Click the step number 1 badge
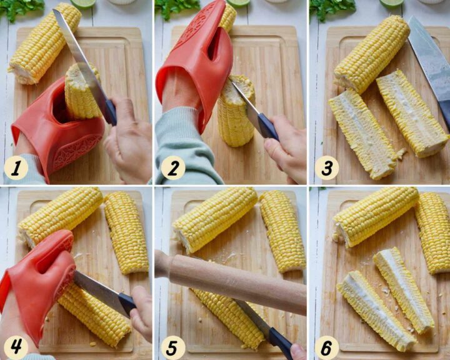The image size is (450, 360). tap(16, 168)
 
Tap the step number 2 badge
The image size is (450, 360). tap(173, 168)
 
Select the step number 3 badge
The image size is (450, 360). tap(327, 168)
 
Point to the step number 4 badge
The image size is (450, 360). tap(16, 347)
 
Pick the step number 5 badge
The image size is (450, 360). tap(172, 347)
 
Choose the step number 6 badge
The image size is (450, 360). tap(327, 347)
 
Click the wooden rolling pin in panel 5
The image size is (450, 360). tap(229, 281)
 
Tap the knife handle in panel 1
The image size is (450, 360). tap(111, 111)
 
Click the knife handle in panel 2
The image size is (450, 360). tap(267, 126)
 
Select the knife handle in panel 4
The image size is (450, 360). tap(126, 305)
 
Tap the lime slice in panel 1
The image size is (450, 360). tap(83, 3)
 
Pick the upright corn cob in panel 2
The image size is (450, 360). tap(236, 111)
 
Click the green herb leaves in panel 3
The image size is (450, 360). tap(333, 8)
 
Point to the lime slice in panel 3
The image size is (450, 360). tap(392, 3)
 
